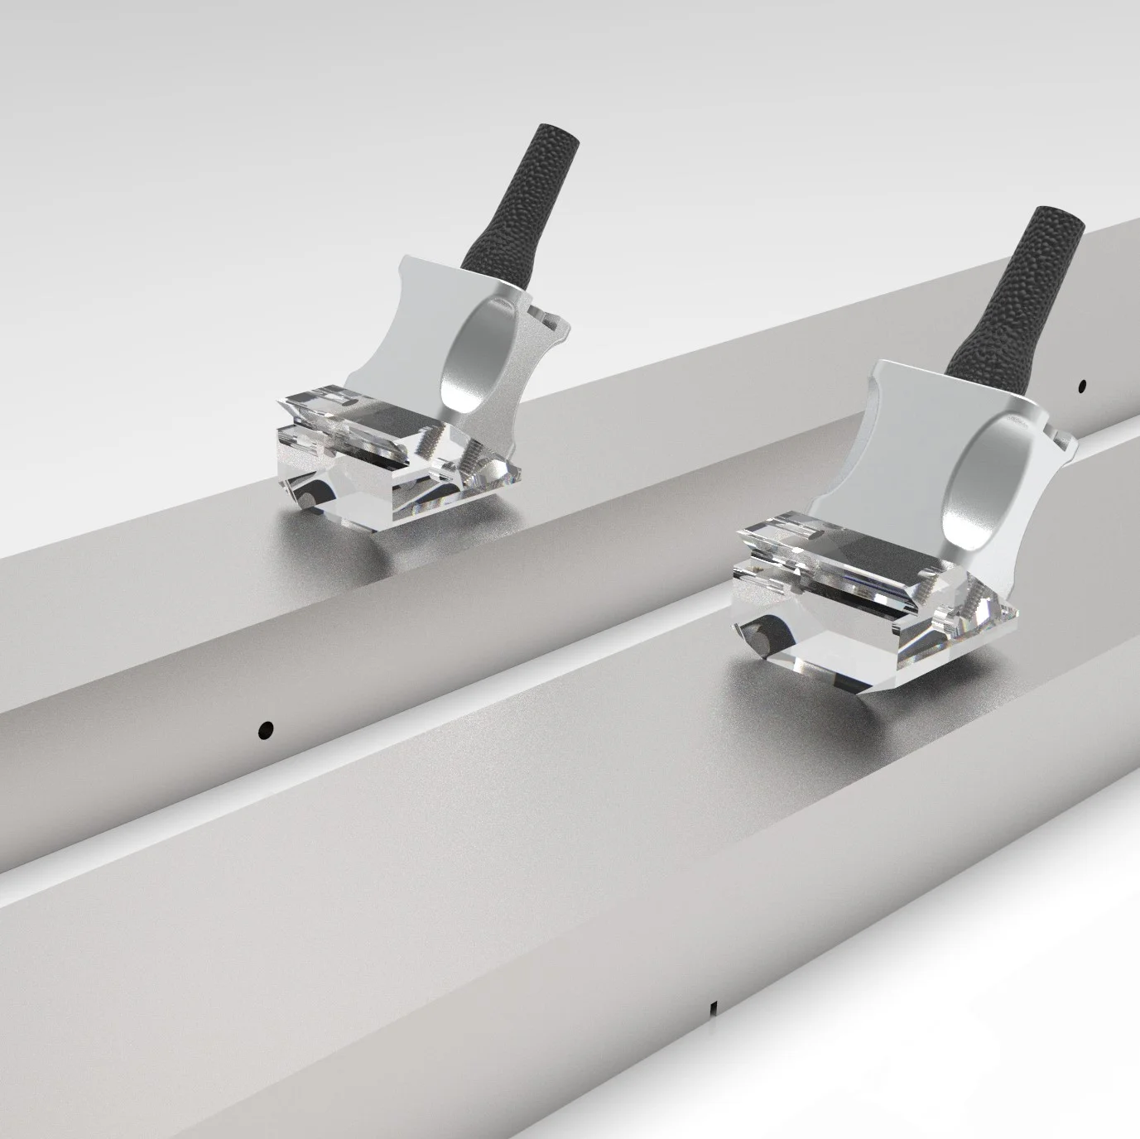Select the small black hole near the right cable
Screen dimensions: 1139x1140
click(1081, 385)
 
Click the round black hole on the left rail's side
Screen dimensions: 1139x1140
click(266, 729)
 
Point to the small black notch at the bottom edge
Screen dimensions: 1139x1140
click(713, 1008)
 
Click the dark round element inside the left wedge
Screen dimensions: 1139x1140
click(308, 497)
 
